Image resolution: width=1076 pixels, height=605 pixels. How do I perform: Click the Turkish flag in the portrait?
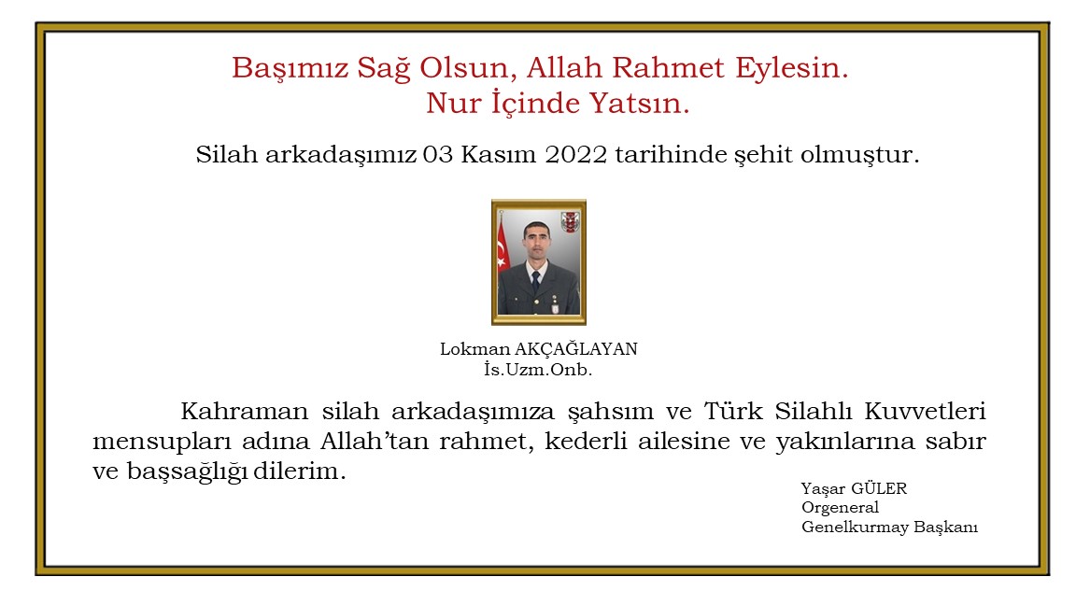point(503,250)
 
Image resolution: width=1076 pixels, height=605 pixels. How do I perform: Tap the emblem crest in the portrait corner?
point(570,221)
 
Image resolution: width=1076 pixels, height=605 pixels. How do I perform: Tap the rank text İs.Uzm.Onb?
point(538,370)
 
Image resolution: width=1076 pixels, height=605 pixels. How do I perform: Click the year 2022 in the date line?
point(574,155)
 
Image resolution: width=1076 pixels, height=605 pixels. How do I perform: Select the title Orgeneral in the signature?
point(841,508)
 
